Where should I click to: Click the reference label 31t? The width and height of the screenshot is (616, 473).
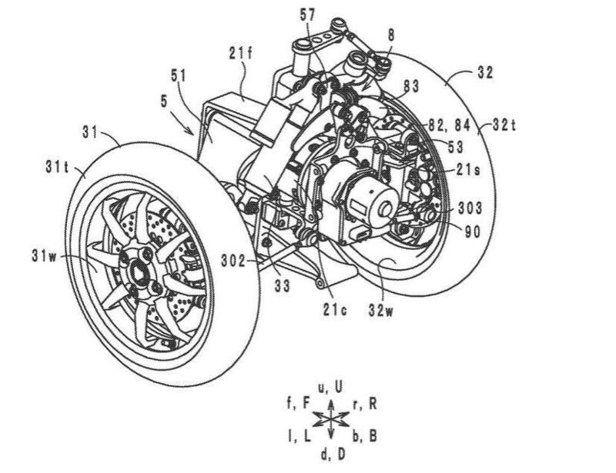pos(58,167)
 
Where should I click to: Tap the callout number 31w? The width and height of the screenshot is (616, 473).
pos(45,257)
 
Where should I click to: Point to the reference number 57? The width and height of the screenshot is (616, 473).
pos(307,15)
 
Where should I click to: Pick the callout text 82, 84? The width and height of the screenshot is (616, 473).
pos(450,125)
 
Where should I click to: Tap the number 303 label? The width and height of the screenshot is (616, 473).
pos(470,208)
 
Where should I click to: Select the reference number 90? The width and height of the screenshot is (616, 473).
pos(473,232)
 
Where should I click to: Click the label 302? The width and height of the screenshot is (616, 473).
pos(233,261)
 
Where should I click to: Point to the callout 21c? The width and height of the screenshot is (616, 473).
pos(335,310)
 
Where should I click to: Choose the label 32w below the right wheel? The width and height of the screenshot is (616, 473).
pos(380,310)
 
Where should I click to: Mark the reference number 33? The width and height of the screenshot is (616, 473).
pos(282,285)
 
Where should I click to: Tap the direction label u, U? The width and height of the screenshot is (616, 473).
pos(330,387)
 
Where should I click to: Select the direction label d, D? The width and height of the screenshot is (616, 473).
pos(333,455)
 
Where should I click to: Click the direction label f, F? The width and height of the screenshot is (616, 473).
pos(299,404)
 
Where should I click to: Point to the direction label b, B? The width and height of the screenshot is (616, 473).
pos(364,436)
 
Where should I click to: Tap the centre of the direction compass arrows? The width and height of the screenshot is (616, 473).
pos(331,421)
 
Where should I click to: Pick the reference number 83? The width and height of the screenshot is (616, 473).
pos(411,85)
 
